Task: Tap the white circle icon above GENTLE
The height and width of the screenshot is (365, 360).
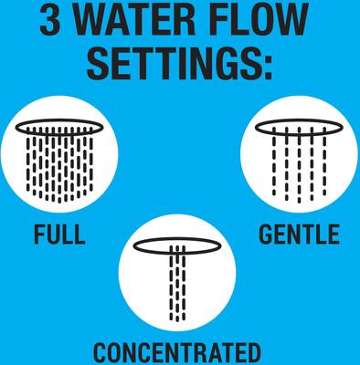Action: (x=298, y=159)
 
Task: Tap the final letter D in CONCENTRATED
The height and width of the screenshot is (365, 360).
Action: (x=250, y=351)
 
